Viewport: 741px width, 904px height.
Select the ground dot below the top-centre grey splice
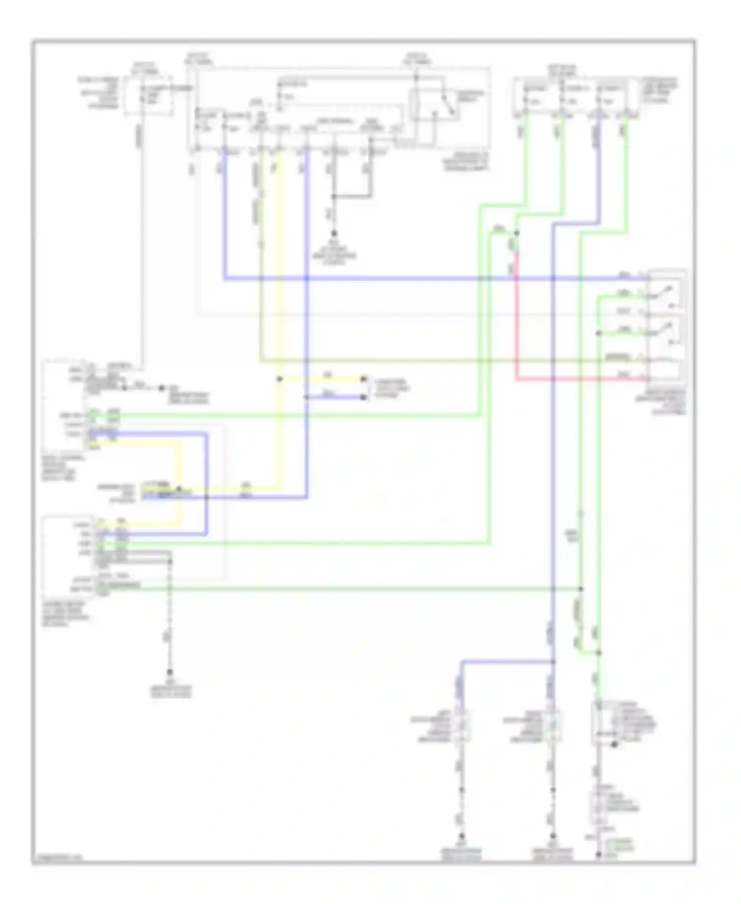(334, 233)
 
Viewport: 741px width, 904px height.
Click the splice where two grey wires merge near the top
(334, 196)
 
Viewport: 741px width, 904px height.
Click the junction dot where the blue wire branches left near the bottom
(553, 661)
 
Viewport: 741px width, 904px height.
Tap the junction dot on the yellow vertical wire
(279, 379)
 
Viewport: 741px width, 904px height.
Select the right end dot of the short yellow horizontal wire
(364, 379)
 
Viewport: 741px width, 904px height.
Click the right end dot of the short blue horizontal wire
(364, 397)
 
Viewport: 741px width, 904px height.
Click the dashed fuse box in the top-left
(148, 96)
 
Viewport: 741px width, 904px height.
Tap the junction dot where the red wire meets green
(516, 232)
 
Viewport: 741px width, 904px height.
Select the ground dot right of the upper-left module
(162, 388)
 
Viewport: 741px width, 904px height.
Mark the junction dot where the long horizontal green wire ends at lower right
(581, 589)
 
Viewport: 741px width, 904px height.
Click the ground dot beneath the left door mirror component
(462, 836)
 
